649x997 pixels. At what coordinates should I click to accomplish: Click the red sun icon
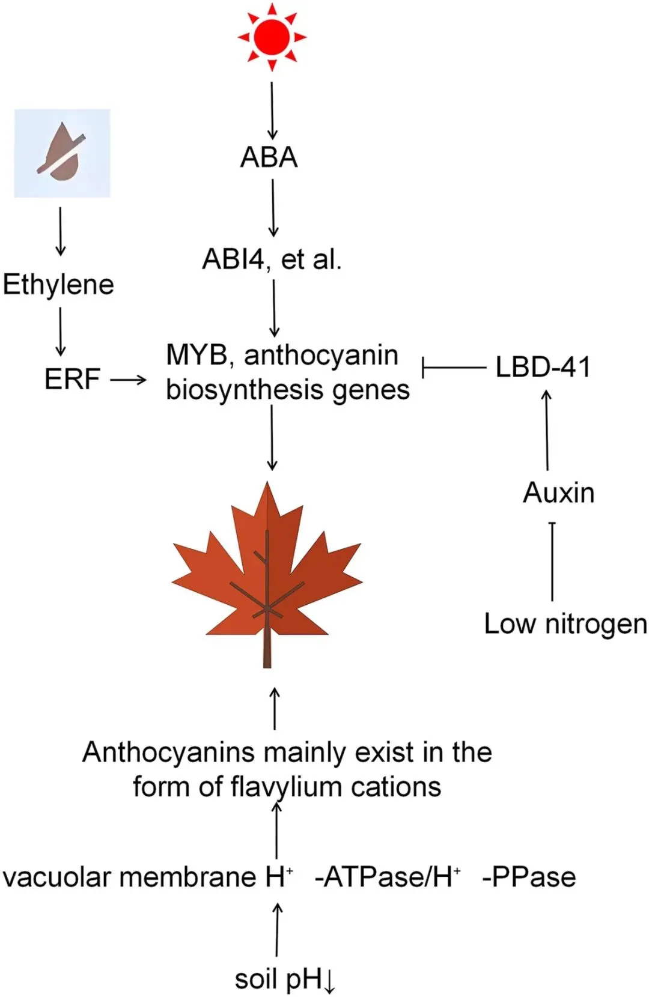(272, 37)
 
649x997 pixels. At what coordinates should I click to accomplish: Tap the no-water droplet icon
(62, 153)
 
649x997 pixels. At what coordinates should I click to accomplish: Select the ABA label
(269, 157)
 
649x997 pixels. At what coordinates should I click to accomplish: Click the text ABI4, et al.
(272, 259)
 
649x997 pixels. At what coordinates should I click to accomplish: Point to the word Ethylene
(58, 285)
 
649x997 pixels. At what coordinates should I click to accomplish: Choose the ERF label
(72, 379)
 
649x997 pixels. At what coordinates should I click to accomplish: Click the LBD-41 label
(543, 367)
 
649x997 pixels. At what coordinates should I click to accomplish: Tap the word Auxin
(559, 493)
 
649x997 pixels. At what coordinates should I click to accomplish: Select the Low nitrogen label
(565, 624)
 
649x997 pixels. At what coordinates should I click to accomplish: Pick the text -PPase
(529, 877)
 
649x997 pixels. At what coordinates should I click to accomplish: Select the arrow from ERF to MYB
(129, 379)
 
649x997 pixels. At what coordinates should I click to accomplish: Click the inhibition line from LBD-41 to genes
(454, 367)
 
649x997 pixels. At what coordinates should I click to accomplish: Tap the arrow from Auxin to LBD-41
(547, 429)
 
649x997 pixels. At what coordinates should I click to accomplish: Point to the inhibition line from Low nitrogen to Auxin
(552, 562)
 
